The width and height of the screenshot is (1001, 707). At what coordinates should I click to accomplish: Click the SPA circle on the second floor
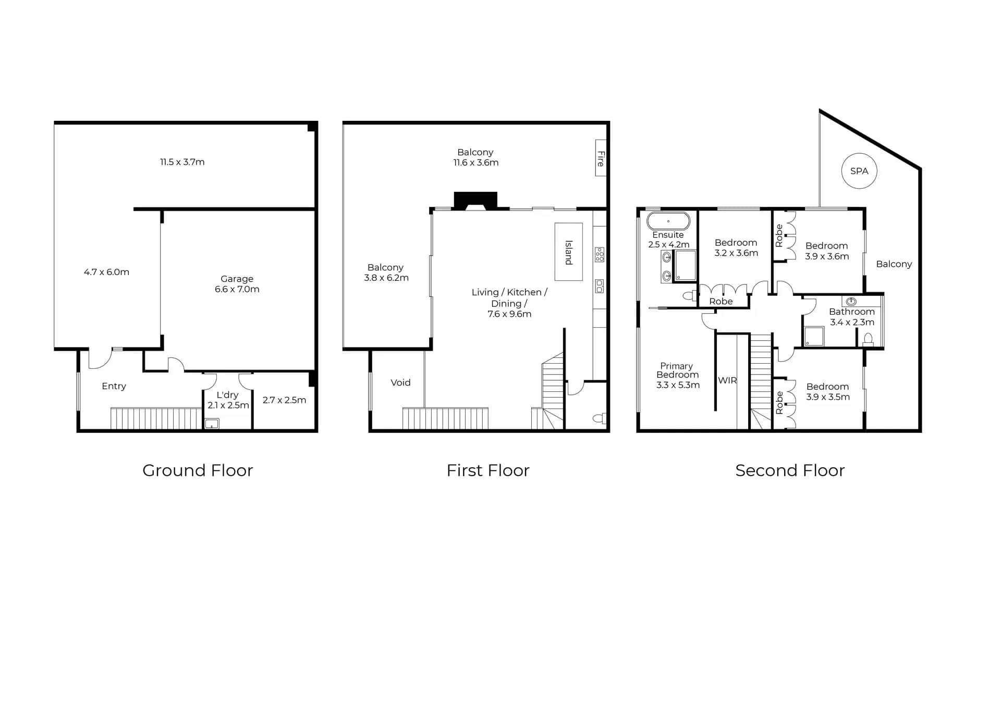click(x=859, y=171)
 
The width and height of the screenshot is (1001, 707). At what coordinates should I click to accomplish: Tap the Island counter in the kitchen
click(x=568, y=252)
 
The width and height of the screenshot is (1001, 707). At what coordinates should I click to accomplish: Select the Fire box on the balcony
click(x=601, y=158)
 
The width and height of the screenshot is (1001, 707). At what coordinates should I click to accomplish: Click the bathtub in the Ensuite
click(x=668, y=221)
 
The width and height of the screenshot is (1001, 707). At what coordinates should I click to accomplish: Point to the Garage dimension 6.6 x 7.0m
click(x=237, y=289)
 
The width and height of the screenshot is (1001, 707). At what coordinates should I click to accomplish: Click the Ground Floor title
click(x=198, y=470)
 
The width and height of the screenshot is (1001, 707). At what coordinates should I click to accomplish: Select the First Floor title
click(x=488, y=470)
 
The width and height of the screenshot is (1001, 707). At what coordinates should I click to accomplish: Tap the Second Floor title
click(x=789, y=470)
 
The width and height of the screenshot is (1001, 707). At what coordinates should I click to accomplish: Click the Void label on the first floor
click(x=400, y=382)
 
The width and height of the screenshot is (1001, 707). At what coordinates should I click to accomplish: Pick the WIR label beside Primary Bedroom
click(x=727, y=380)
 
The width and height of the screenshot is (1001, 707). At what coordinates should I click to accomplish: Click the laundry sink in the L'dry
click(x=212, y=424)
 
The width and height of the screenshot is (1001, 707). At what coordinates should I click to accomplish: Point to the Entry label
click(x=114, y=386)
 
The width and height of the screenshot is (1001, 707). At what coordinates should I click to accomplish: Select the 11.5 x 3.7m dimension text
click(x=182, y=162)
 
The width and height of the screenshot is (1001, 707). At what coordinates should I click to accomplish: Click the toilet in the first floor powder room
click(x=600, y=418)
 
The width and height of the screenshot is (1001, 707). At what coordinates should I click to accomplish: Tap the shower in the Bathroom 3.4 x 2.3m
click(x=814, y=337)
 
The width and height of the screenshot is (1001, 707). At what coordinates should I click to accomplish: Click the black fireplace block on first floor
click(x=475, y=200)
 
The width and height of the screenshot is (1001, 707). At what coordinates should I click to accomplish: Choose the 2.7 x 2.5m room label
click(x=284, y=400)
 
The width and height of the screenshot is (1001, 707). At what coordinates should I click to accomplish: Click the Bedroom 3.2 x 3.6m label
click(x=736, y=248)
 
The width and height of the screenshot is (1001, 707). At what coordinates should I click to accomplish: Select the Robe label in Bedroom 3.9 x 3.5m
click(x=779, y=403)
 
